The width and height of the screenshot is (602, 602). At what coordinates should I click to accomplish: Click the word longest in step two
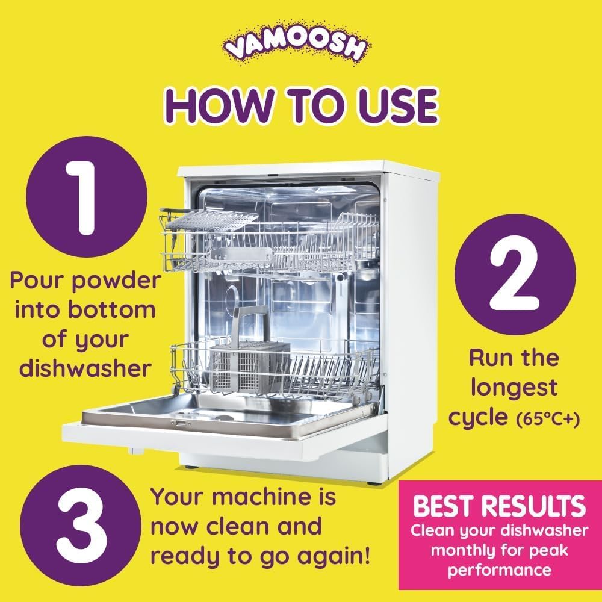click(x=514, y=388)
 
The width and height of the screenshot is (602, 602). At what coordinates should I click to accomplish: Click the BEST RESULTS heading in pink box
click(x=499, y=506)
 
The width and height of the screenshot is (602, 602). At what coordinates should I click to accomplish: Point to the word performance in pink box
click(x=499, y=569)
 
